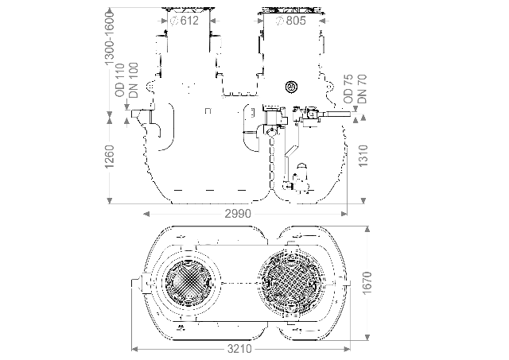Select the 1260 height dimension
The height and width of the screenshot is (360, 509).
pyautogui.click(x=111, y=159)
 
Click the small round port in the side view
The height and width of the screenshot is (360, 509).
pyautogui.click(x=290, y=87)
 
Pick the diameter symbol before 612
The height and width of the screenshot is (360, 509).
pyautogui.click(x=174, y=21)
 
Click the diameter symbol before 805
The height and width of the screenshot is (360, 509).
pyautogui.click(x=279, y=21)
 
